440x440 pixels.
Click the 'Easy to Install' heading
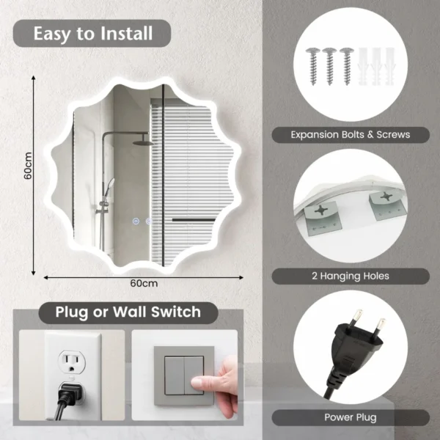click(x=92, y=33)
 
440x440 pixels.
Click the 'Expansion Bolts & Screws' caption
click(x=350, y=134)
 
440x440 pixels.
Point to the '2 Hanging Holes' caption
click(x=350, y=276)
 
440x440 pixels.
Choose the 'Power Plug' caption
click(x=350, y=417)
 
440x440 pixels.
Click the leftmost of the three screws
click(x=313, y=66)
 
